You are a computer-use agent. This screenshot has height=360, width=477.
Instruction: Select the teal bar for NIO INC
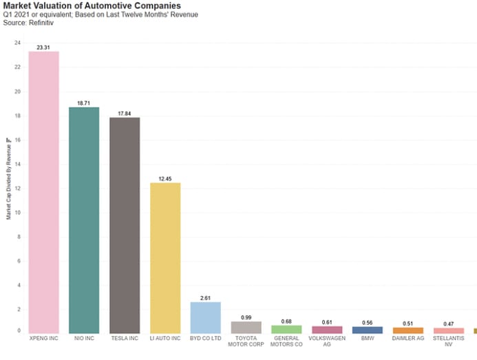click(x=84, y=220)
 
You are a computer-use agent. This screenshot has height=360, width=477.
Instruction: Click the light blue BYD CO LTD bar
click(x=205, y=317)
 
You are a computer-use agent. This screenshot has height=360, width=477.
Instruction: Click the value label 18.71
click(x=84, y=103)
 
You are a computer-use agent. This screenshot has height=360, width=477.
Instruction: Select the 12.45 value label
click(x=165, y=178)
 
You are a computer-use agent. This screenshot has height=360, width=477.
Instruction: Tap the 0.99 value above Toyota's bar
click(x=246, y=317)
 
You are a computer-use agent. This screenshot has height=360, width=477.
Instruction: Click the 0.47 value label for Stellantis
click(x=448, y=323)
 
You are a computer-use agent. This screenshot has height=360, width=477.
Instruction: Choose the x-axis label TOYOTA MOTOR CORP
click(x=246, y=341)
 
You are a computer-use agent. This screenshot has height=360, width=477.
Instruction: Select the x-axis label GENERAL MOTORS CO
click(x=286, y=341)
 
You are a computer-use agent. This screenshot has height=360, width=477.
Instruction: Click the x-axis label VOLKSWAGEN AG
click(x=327, y=341)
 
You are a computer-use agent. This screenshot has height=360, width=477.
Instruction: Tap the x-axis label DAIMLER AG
click(x=408, y=339)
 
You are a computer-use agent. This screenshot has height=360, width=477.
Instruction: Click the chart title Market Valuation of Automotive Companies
click(x=92, y=6)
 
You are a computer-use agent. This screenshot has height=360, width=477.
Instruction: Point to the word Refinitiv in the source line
click(x=39, y=23)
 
